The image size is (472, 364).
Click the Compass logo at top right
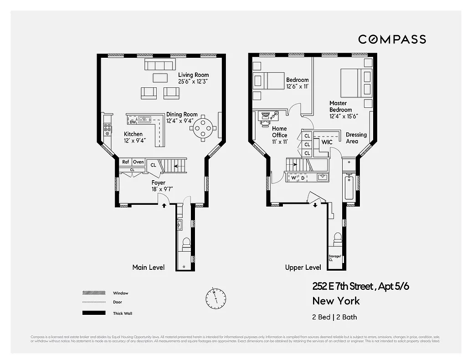[392, 39]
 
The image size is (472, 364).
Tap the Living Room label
[193, 78]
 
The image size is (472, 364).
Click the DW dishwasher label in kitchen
[133, 122]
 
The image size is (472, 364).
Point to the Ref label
[125, 162]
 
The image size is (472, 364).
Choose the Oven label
[139, 162]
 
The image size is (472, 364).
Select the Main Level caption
[149, 267]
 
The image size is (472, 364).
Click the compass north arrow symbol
[215, 298]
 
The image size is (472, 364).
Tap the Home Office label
[280, 132]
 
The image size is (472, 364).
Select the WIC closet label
[327, 142]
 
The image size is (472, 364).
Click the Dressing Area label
[356, 138]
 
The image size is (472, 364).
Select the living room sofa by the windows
[159, 65]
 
